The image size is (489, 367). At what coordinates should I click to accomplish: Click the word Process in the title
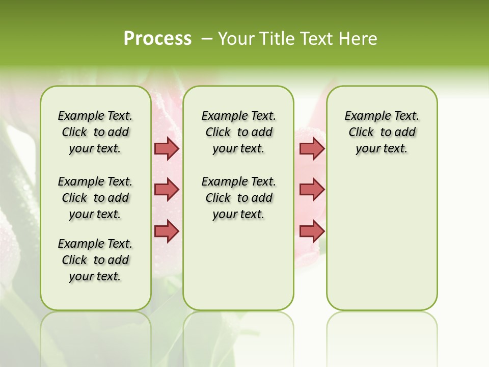157,38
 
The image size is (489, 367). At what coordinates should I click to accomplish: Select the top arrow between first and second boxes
167,149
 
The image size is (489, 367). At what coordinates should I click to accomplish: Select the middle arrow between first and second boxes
167,190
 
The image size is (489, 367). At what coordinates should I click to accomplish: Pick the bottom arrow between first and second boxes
167,231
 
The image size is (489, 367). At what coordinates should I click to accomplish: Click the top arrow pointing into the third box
312,149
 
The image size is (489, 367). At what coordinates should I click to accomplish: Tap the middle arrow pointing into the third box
312,190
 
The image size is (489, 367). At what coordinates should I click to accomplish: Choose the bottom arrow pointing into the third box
312,231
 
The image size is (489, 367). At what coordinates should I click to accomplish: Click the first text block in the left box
95,132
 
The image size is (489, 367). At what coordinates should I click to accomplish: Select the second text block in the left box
95,198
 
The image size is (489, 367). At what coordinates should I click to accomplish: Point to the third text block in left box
95,260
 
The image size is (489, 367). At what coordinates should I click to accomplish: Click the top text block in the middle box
238,132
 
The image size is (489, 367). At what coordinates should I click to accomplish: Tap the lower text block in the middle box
238,198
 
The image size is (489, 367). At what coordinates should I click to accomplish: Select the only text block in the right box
382,132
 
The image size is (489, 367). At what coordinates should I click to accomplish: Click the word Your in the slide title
236,39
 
